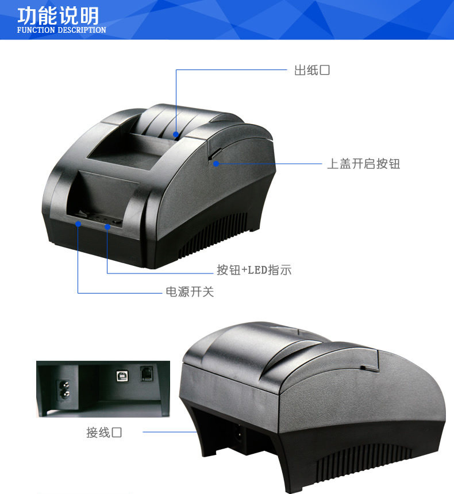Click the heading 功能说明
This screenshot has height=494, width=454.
(58, 15)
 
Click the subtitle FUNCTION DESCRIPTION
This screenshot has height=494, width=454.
(61, 30)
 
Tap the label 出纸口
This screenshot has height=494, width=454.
(312, 71)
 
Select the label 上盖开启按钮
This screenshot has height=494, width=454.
(363, 164)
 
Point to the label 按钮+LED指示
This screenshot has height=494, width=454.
(254, 270)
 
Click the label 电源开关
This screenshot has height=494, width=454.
(190, 292)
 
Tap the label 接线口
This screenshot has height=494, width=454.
(104, 433)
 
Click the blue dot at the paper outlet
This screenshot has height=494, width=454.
(176, 133)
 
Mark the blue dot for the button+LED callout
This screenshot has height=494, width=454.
(107, 227)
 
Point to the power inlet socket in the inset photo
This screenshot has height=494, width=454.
(63, 388)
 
